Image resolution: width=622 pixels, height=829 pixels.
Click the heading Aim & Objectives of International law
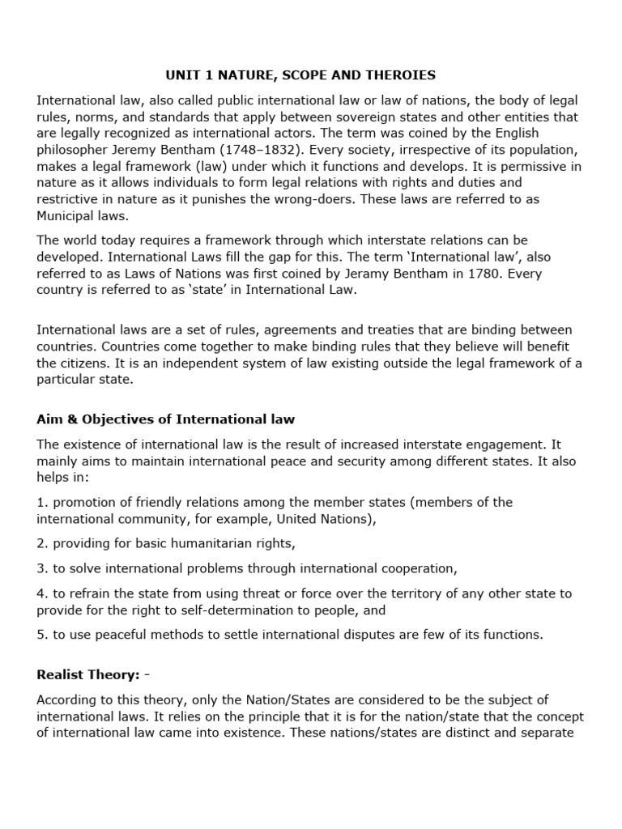[x=166, y=419]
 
